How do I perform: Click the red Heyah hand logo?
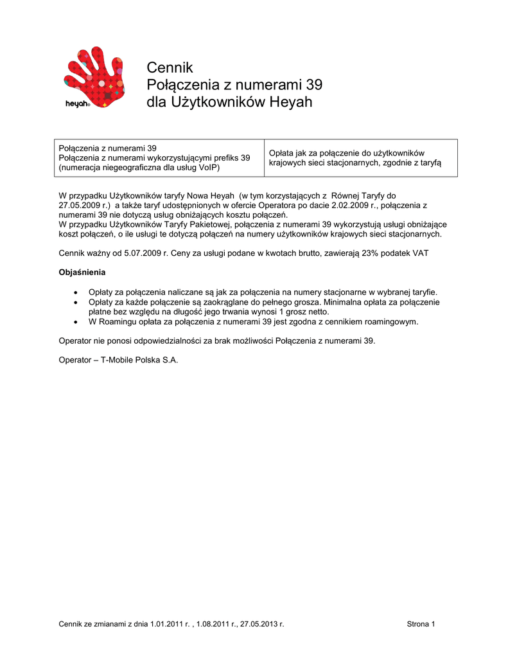[x=93, y=76]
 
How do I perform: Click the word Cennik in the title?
[x=170, y=67]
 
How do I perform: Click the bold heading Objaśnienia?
[x=82, y=272]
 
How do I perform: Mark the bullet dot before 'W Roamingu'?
[x=76, y=321]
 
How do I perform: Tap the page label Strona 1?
[x=421, y=624]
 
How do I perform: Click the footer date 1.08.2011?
[x=215, y=624]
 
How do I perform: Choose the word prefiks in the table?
[x=222, y=158]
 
